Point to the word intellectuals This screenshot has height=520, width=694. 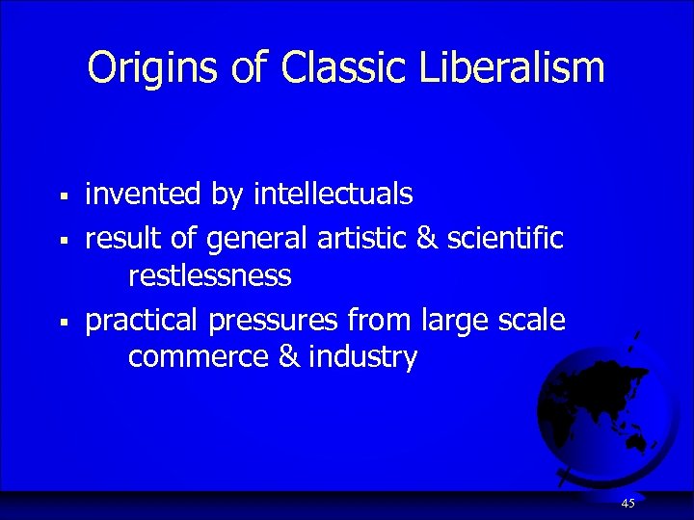pos(333,195)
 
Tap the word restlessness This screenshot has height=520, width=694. pos(209,277)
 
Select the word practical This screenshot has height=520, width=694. pos(143,319)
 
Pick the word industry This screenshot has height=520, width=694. pos(363,358)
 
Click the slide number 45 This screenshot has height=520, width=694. pos(627,504)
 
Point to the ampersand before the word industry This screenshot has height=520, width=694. pos(288,358)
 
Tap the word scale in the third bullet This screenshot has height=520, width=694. pos(533,319)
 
